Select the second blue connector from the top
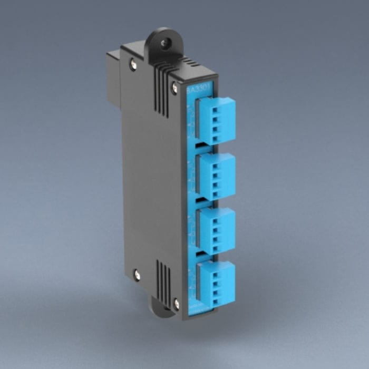[x=216, y=176]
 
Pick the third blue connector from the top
[x=216, y=230]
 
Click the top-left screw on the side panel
[x=133, y=65]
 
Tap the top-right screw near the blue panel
[x=174, y=88]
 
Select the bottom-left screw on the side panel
[x=137, y=274]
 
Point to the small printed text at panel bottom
[x=198, y=308]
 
